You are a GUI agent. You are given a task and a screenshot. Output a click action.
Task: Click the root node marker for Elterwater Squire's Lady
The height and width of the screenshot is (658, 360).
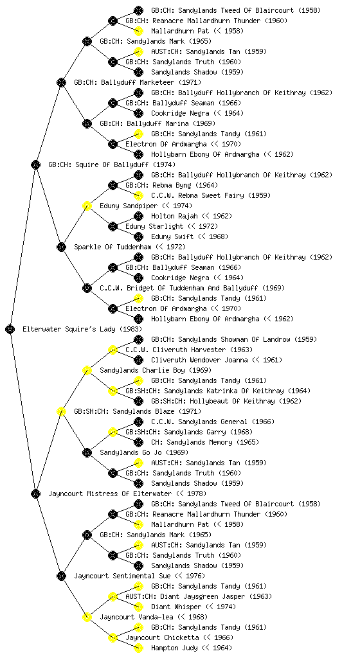(10, 329)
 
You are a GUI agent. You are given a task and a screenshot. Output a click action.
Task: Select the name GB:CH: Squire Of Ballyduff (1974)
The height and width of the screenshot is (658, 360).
(112, 164)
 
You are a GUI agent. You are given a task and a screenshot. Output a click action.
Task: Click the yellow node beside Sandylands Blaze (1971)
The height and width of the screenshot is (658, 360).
(61, 411)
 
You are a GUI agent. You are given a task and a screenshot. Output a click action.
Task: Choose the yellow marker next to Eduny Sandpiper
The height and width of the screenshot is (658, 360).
(87, 206)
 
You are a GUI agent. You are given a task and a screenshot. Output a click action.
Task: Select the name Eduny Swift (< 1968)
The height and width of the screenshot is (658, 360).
(190, 236)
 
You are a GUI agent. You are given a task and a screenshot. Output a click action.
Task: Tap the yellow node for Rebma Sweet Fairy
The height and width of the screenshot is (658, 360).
(138, 195)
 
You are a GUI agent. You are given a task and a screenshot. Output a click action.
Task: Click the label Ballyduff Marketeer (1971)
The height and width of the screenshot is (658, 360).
(138, 82)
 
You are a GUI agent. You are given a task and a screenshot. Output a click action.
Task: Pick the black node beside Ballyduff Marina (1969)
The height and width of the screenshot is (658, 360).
(87, 123)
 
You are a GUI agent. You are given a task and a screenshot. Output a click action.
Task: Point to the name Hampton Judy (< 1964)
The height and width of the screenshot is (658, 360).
(192, 648)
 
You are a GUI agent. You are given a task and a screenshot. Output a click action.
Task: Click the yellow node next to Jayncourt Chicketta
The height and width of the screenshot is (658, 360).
(113, 637)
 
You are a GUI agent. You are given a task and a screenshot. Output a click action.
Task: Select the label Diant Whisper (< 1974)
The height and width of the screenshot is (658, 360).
(194, 607)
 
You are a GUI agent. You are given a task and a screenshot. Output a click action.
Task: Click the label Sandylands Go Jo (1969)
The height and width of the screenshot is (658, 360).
(144, 452)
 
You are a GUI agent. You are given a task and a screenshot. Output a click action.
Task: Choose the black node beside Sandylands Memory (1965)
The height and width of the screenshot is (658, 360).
(138, 442)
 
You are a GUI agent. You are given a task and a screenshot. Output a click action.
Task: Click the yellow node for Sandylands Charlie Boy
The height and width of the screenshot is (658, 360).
(87, 370)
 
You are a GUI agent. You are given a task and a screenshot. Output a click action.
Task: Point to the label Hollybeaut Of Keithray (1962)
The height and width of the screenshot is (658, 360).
(226, 401)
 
